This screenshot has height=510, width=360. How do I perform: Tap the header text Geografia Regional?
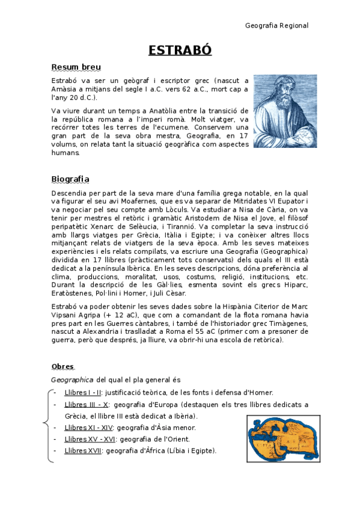point(277,25)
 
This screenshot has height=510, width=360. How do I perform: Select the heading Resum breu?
point(76,67)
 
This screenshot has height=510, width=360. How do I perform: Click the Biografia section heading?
point(70,179)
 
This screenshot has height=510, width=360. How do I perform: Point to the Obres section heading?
point(63,366)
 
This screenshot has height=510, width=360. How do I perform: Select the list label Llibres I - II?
point(83,393)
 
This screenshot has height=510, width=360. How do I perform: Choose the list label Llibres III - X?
point(86,405)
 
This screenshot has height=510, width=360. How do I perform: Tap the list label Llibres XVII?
point(82,450)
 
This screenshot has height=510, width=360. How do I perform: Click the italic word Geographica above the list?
point(72,380)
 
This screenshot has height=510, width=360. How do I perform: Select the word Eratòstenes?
point(72,293)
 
